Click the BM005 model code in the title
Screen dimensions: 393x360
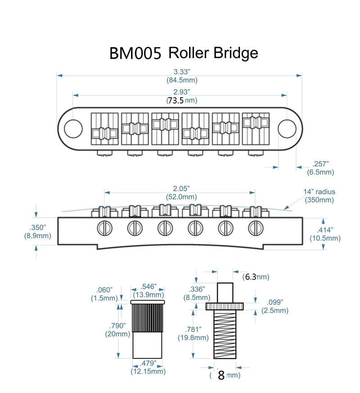(x=135, y=54)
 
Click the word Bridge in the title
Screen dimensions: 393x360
(x=237, y=53)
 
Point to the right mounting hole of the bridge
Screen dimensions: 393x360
(x=286, y=128)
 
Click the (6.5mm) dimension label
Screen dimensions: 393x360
(x=320, y=172)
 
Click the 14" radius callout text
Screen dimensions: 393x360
(x=319, y=192)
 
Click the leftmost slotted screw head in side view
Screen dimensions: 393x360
(x=103, y=228)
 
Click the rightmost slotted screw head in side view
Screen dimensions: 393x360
(x=255, y=228)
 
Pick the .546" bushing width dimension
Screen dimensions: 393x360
(x=148, y=287)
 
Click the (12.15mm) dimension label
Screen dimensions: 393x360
(x=148, y=371)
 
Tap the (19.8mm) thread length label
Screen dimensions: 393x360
(x=193, y=337)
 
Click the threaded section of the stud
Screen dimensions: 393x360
(x=225, y=334)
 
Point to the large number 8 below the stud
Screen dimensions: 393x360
(x=221, y=375)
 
